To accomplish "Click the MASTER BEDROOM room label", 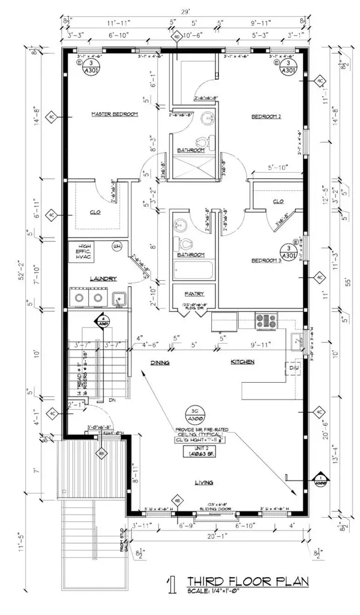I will [x=115, y=114].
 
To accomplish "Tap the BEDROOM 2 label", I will [x=266, y=116].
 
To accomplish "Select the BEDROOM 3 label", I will [x=266, y=261].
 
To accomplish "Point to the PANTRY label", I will [x=194, y=293].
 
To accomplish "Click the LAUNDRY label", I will [x=103, y=278].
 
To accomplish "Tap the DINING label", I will [x=160, y=362].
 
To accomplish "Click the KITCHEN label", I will [x=243, y=362].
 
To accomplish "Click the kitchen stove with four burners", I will [x=266, y=321].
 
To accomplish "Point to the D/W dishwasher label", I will [x=294, y=368].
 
